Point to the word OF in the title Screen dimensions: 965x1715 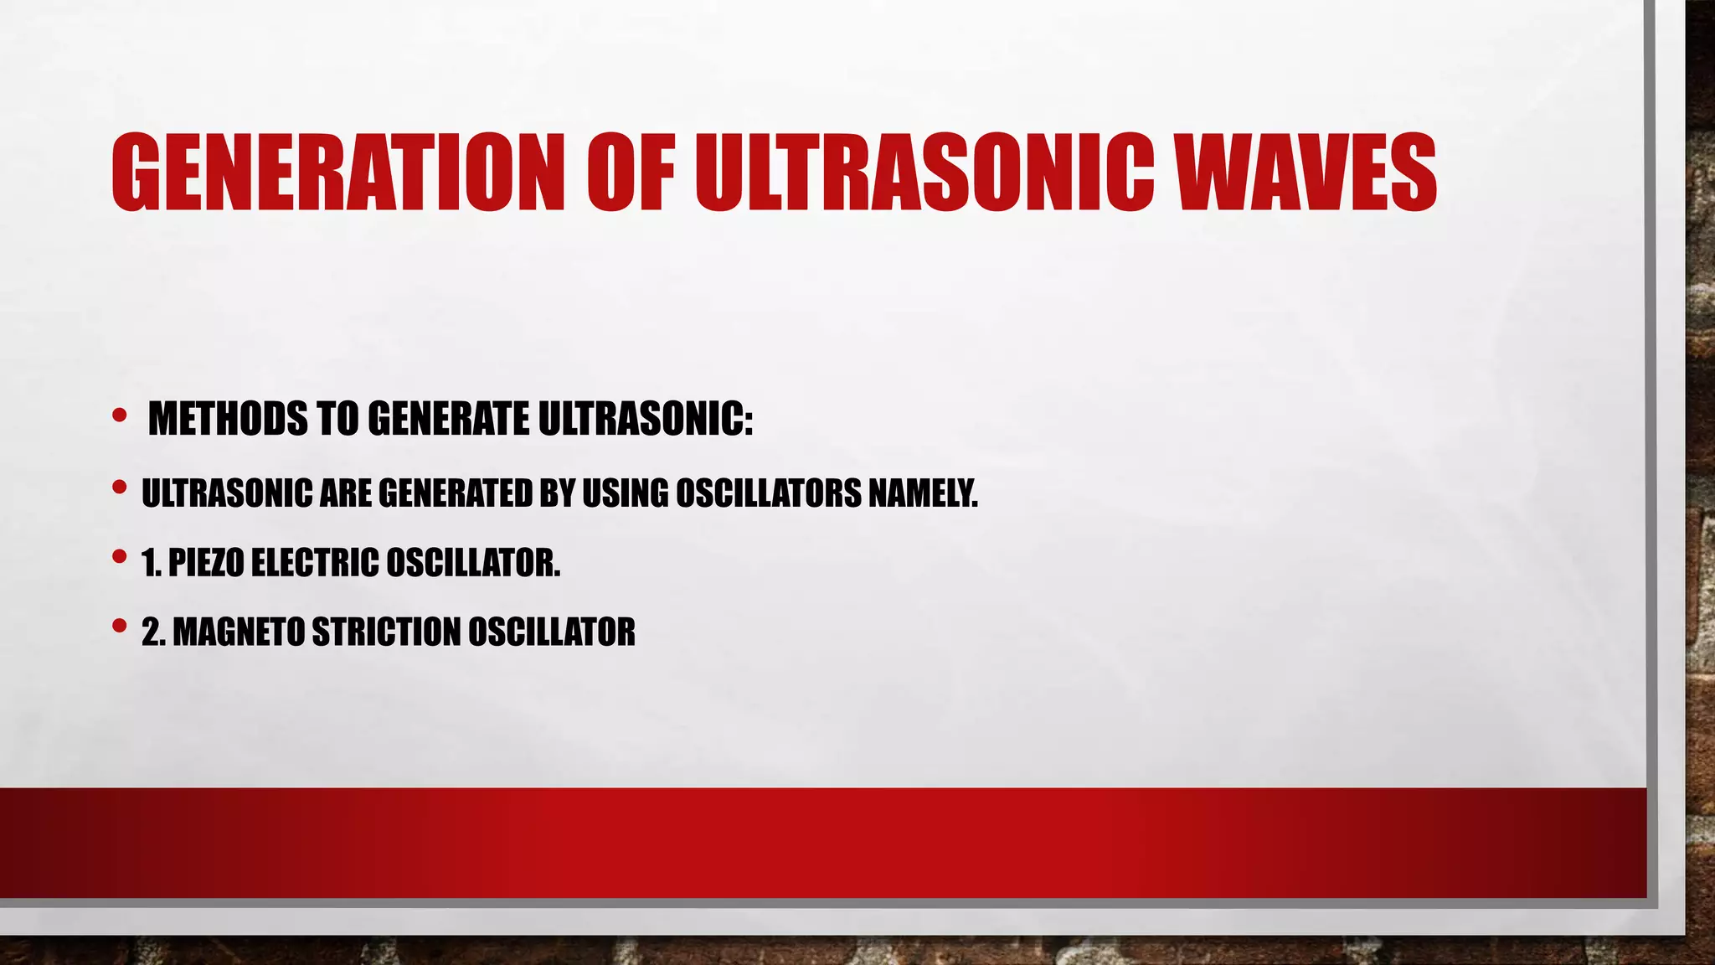coord(630,173)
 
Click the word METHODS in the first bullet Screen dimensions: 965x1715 coord(228,419)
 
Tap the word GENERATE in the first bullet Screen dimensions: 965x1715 coord(448,419)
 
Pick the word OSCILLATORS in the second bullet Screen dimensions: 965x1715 coord(768,493)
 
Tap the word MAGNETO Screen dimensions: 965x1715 coord(238,632)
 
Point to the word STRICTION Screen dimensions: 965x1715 coord(385,632)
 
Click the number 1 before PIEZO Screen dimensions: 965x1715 coord(150,562)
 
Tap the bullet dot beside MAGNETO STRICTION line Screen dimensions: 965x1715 coord(119,625)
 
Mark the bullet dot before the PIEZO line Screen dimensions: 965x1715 coord(119,555)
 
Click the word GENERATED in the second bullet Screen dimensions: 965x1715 coord(456,493)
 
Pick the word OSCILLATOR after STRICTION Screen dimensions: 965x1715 coord(551,632)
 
